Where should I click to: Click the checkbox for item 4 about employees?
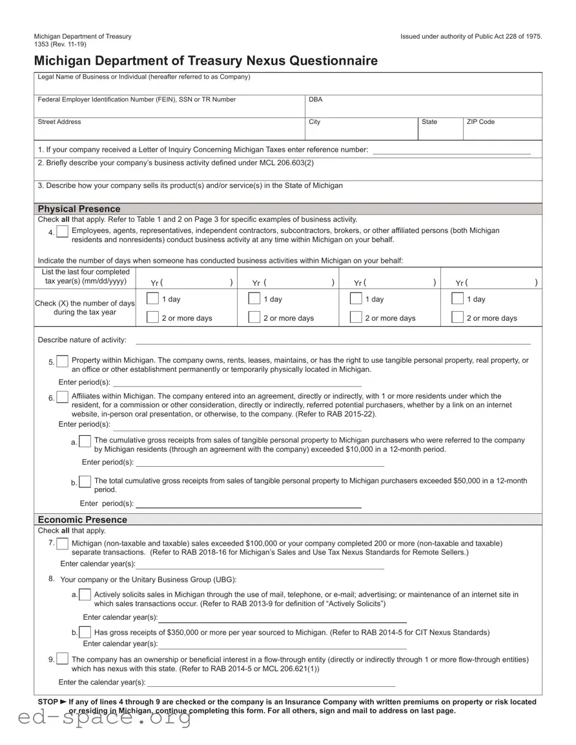tap(62, 232)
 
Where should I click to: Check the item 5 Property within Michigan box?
tap(62, 362)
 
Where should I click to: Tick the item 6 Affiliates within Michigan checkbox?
tap(62, 398)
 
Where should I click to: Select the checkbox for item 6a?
tap(85, 442)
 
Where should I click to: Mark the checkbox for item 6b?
tap(85, 482)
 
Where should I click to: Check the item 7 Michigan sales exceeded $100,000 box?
tap(62, 544)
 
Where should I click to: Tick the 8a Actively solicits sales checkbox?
tap(85, 595)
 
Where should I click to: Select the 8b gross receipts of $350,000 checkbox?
tap(85, 633)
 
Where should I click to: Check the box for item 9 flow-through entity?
tap(62, 659)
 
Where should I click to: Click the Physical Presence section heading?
tap(79, 209)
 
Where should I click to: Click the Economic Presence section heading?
tap(83, 520)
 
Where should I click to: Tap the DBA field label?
tap(315, 99)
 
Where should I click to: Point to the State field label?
tap(429, 122)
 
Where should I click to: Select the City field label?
tap(314, 122)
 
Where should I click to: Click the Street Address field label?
tap(59, 122)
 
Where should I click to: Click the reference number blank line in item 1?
tap(451, 150)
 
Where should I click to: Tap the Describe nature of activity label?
tap(82, 340)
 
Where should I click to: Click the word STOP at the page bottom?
tap(48, 701)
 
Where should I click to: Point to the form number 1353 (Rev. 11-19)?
tap(59, 44)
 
